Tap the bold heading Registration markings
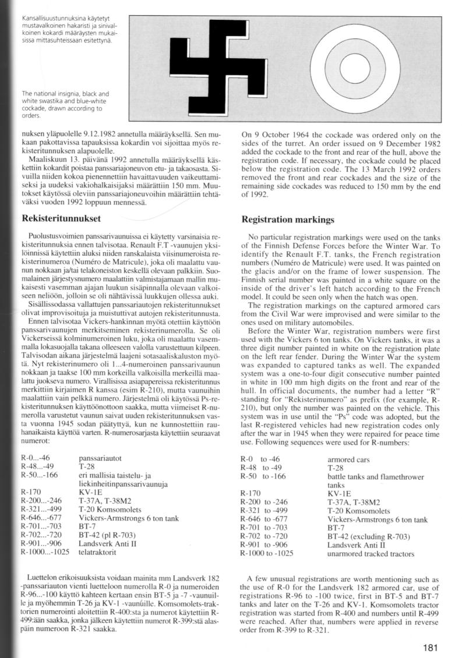pos(288,221)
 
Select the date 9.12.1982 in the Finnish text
pos(93,135)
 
